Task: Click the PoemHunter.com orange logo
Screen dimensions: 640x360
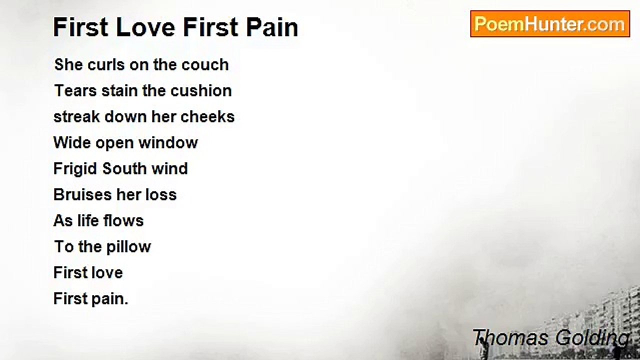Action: pyautogui.click(x=550, y=24)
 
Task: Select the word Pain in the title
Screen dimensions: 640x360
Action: pyautogui.click(x=272, y=27)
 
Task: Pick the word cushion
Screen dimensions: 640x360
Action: pyautogui.click(x=201, y=91)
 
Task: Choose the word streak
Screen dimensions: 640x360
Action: pyautogui.click(x=76, y=117)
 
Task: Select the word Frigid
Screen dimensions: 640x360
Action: pyautogui.click(x=75, y=169)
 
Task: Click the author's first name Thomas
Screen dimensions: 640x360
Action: pyautogui.click(x=510, y=338)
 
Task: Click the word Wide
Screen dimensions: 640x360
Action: pyautogui.click(x=72, y=143)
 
